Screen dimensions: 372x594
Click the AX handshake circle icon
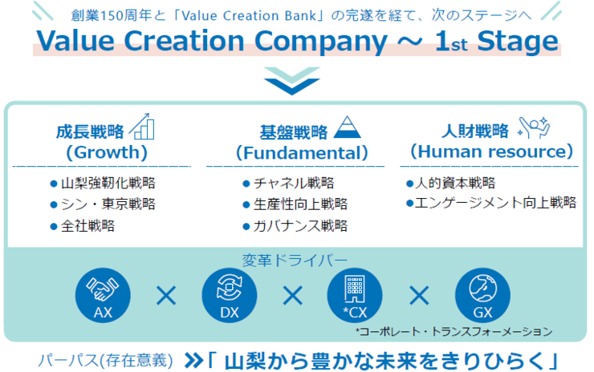(103, 296)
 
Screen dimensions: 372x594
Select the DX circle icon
(229, 296)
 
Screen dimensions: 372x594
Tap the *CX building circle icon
(355, 296)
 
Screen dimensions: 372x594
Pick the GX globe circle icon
(482, 296)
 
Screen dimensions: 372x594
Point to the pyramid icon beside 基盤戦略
(348, 127)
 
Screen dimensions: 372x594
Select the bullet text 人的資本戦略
(455, 183)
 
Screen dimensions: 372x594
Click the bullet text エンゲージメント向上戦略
(496, 204)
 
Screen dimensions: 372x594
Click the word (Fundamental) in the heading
(302, 152)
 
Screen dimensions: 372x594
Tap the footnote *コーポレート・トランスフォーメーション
(454, 330)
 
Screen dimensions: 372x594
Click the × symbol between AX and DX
(166, 296)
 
